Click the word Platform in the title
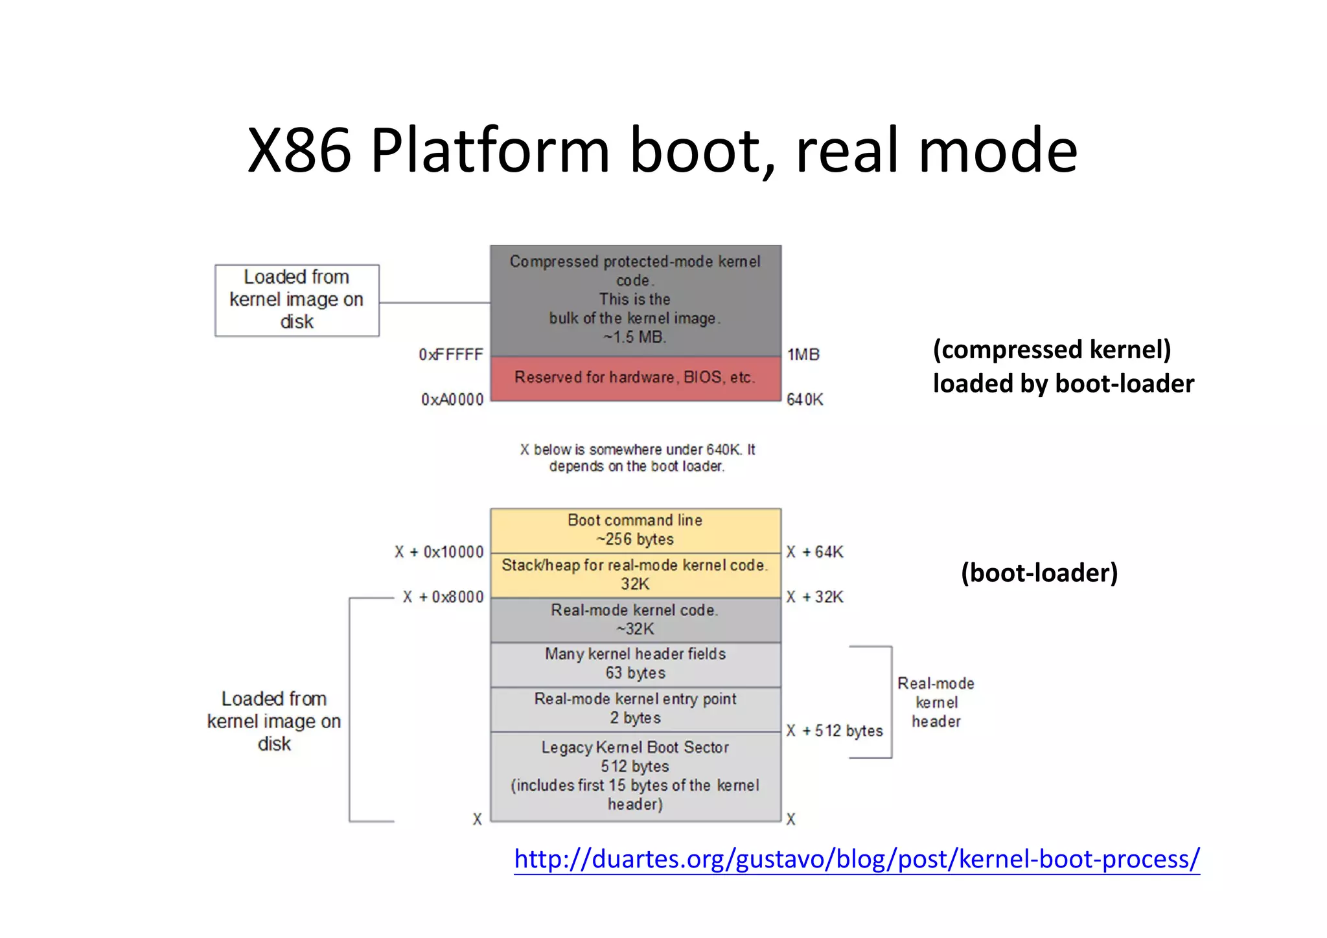pos(490,150)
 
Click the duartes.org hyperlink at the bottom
pos(857,859)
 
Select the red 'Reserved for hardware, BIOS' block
pos(635,378)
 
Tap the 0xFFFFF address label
pos(451,355)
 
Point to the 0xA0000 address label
pos(452,400)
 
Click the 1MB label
pos(803,355)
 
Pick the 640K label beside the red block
pos(805,400)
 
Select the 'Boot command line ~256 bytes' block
pos(635,530)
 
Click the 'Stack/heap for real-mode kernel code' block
pos(635,575)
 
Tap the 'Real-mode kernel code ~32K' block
pos(635,620)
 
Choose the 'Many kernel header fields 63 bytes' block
pos(635,664)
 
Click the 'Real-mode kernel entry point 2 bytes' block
pos(635,709)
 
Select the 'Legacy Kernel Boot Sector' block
pos(635,776)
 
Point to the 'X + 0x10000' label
pos(439,553)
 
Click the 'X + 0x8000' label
pos(443,597)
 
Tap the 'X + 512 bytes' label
pos(835,731)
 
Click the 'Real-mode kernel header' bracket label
pos(936,702)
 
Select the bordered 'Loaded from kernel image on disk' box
pos(297,300)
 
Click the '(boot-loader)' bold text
pos(1039,573)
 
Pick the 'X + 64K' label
pos(815,553)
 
